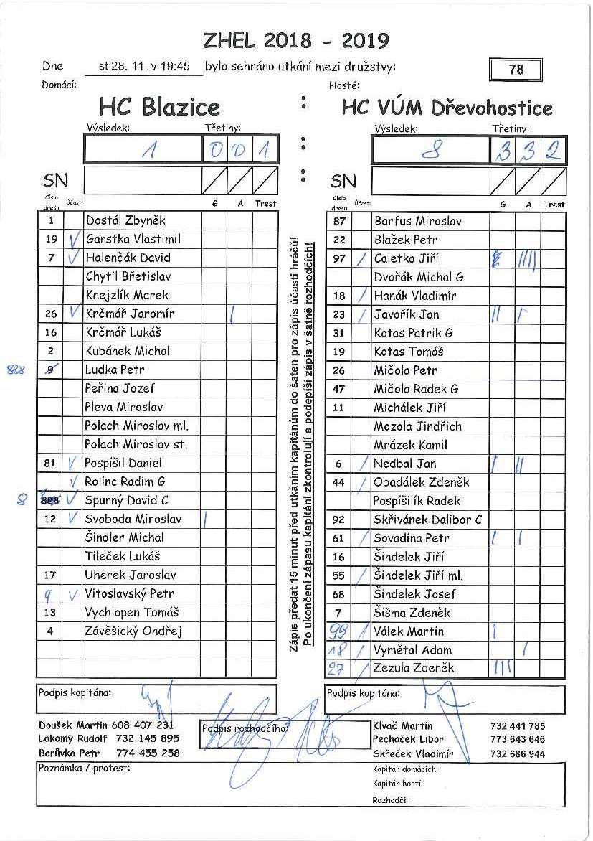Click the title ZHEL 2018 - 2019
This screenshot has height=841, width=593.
coord(296,40)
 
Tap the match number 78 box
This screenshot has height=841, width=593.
coord(516,70)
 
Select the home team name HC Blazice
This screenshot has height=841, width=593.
coord(159,108)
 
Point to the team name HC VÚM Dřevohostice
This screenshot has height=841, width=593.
coord(447,108)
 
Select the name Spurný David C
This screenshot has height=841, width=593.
coord(127,500)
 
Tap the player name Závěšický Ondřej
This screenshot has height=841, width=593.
coord(133,631)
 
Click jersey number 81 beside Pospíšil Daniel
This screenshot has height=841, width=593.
coord(49,463)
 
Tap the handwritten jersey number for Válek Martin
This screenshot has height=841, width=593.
coord(338,631)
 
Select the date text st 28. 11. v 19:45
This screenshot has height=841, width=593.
coord(145,67)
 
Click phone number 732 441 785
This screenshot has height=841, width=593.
coord(518,726)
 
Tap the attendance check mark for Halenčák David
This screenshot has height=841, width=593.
coord(72,258)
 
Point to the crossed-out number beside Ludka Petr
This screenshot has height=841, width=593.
coord(49,370)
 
